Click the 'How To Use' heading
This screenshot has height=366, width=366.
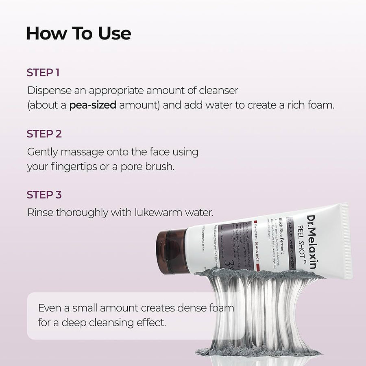click(78, 34)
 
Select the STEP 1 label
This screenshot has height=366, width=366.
click(43, 73)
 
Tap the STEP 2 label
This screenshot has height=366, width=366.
click(44, 134)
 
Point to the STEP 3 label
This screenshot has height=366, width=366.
click(44, 195)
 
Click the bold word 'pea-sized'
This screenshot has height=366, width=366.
click(93, 105)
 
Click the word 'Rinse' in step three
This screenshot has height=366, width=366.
click(39, 213)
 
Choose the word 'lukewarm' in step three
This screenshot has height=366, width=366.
click(149, 213)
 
